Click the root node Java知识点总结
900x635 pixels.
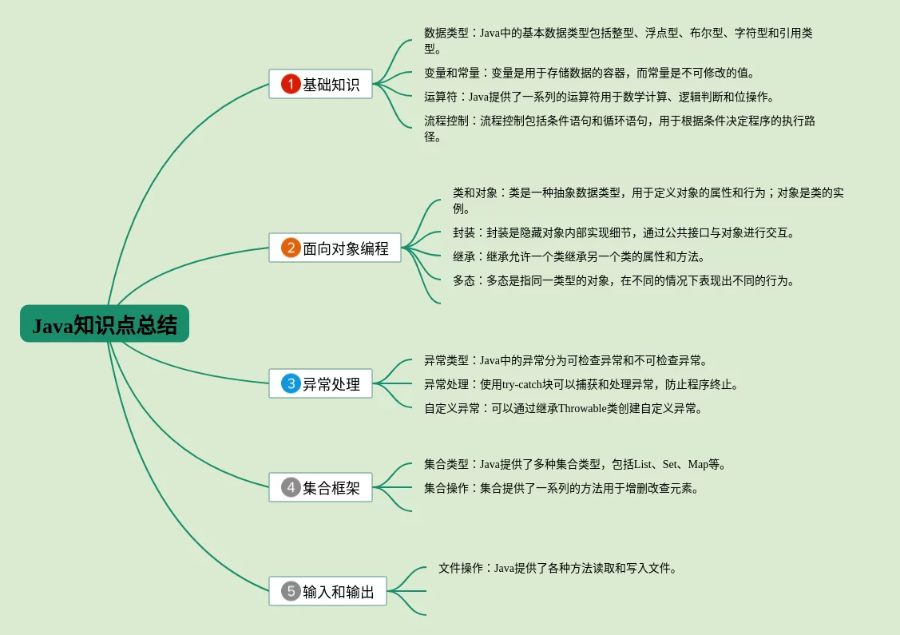pos(105,323)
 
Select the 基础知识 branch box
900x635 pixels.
pos(321,84)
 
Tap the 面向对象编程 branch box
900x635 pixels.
pos(335,248)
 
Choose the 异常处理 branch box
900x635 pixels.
pos(321,383)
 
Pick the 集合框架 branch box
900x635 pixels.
pos(321,487)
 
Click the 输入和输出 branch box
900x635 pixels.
pos(327,591)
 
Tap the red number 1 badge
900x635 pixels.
pos(291,84)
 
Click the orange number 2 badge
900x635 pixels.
pos(291,248)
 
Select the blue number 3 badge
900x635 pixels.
pos(291,383)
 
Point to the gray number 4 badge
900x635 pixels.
pos(291,487)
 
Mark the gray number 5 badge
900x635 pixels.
pos(291,591)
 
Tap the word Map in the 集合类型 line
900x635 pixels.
pos(698,464)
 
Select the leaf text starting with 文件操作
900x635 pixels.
pos(557,568)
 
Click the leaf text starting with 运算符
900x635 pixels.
pos(599,97)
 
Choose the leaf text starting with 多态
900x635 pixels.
pos(623,280)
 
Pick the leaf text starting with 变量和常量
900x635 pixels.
pos(589,73)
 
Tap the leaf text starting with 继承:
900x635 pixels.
pos(578,256)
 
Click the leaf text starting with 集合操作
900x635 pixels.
pos(561,488)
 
